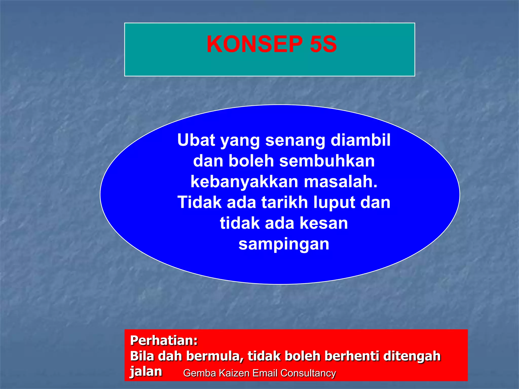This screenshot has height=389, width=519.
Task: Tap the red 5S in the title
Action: coord(323,44)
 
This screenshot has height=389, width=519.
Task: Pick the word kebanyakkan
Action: coord(244,182)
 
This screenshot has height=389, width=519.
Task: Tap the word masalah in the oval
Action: coord(341,182)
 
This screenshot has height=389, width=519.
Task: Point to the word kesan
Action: coord(324,223)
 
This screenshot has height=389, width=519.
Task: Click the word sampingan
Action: coord(284,245)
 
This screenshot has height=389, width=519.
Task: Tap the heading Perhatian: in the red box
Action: coord(164,340)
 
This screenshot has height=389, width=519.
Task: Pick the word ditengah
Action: coord(412,357)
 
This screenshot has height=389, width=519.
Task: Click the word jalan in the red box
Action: coord(146,372)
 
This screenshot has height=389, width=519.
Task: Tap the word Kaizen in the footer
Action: coord(234,373)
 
